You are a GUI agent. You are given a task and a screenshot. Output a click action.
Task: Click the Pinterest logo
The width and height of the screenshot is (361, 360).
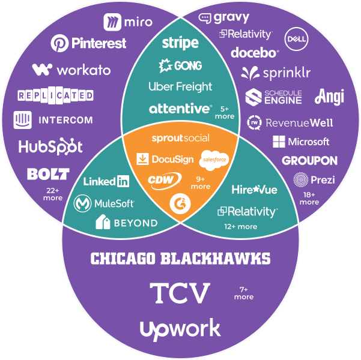pyautogui.click(x=88, y=43)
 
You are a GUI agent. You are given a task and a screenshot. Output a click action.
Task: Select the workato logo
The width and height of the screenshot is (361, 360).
pyautogui.click(x=71, y=70)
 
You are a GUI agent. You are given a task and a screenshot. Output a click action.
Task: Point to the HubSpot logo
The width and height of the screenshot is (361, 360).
pyautogui.click(x=50, y=146)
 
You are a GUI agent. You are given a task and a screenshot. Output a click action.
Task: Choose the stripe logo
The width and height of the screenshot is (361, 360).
pyautogui.click(x=180, y=43)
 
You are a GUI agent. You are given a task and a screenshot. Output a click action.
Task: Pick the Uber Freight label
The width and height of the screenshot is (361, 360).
pyautogui.click(x=180, y=86)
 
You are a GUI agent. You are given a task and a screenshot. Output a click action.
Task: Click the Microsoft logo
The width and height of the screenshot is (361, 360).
pyautogui.click(x=301, y=142)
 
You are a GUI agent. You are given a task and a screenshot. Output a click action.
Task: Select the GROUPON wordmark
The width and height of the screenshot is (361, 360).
pyautogui.click(x=309, y=161)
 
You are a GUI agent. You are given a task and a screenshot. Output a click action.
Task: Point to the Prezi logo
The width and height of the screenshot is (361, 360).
pyautogui.click(x=314, y=179)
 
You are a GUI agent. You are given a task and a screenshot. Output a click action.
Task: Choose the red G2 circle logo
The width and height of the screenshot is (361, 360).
pyautogui.click(x=178, y=202)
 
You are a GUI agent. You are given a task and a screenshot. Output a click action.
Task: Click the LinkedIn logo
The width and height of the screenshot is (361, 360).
pyautogui.click(x=106, y=181)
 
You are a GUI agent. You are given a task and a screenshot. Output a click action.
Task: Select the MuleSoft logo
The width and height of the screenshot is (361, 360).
pyautogui.click(x=104, y=204)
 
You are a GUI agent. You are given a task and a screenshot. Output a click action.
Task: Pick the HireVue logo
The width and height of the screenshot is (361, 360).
pyautogui.click(x=254, y=190)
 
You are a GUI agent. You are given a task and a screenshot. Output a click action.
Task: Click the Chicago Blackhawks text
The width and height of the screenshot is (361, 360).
pyautogui.click(x=180, y=259)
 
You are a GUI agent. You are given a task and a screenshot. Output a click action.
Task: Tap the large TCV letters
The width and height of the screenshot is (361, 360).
pyautogui.click(x=180, y=293)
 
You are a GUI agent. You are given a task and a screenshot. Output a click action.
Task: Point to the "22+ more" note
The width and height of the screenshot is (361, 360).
pyautogui.click(x=53, y=194)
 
